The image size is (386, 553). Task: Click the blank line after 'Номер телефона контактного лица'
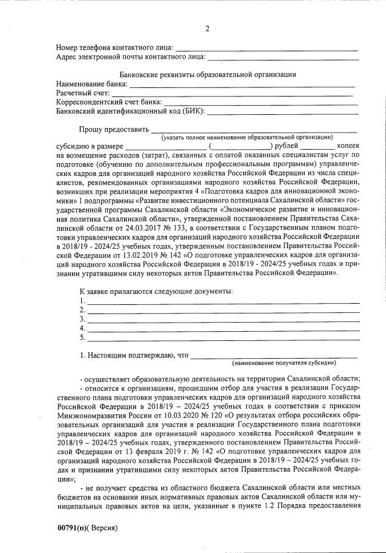[x=266, y=49]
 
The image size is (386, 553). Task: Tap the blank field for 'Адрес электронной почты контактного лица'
[x=282, y=59]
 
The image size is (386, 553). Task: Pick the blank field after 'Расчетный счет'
[x=233, y=94]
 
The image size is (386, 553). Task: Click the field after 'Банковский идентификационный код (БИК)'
[x=282, y=112]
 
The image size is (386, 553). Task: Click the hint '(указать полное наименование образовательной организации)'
[x=247, y=138]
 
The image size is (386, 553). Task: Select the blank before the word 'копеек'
[x=317, y=147]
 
